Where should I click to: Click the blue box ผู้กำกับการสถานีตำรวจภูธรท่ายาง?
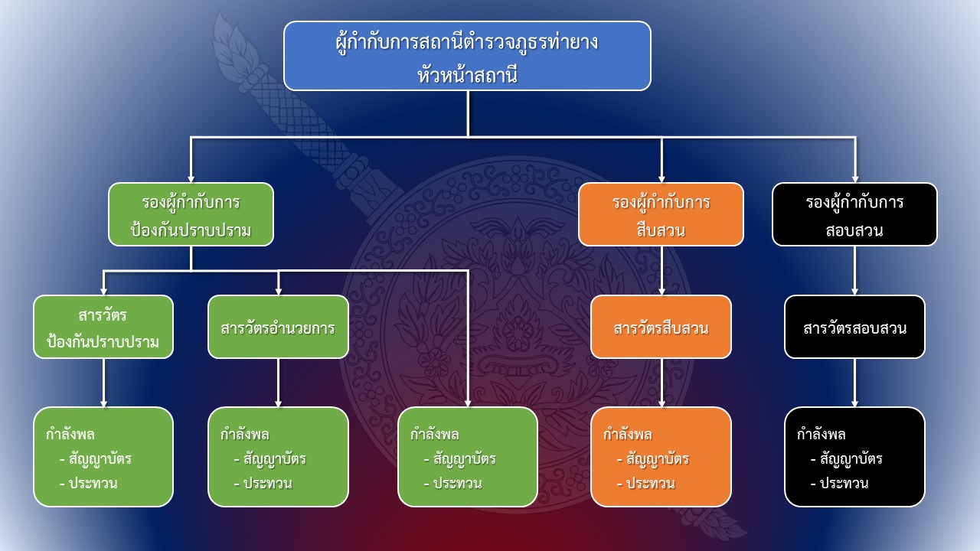point(467,56)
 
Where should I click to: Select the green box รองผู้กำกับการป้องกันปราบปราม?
point(191,214)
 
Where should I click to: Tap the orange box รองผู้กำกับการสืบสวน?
point(661,214)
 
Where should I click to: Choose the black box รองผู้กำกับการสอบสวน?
point(854,214)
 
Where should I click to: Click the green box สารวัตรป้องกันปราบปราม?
point(103,327)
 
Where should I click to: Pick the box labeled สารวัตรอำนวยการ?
point(278,327)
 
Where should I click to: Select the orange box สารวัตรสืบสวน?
point(661,327)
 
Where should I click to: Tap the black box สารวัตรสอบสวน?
point(854,327)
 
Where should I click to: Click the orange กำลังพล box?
point(661,457)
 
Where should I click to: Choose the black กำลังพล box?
point(854,457)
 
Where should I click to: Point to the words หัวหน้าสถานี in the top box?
point(467,74)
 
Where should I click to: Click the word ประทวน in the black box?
point(844,484)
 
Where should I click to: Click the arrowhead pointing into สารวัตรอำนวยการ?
point(278,290)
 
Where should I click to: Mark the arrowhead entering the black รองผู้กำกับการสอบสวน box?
point(854,178)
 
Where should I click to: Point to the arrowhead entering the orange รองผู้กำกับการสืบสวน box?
point(661,178)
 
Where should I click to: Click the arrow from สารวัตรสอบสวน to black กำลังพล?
point(854,383)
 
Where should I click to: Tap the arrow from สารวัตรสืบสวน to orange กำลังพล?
point(661,383)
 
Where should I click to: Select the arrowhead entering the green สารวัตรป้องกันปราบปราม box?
point(103,290)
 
